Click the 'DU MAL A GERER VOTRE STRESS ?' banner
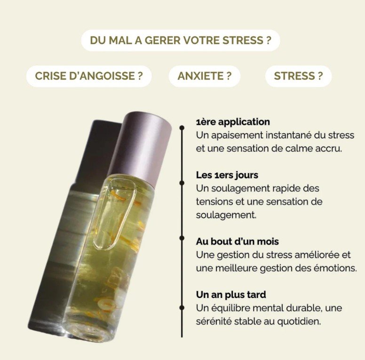(x=181, y=40)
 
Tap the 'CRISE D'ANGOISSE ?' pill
(x=89, y=76)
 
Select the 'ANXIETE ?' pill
(x=205, y=76)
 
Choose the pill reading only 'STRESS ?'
(x=298, y=76)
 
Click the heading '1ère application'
(x=233, y=122)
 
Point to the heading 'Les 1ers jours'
(x=227, y=175)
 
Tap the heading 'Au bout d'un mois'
(x=237, y=241)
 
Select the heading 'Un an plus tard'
(x=231, y=295)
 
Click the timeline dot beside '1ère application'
(x=182, y=128)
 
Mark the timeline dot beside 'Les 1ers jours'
(x=182, y=183)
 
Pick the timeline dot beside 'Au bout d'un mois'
(x=182, y=238)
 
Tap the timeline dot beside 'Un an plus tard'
(x=182, y=308)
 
